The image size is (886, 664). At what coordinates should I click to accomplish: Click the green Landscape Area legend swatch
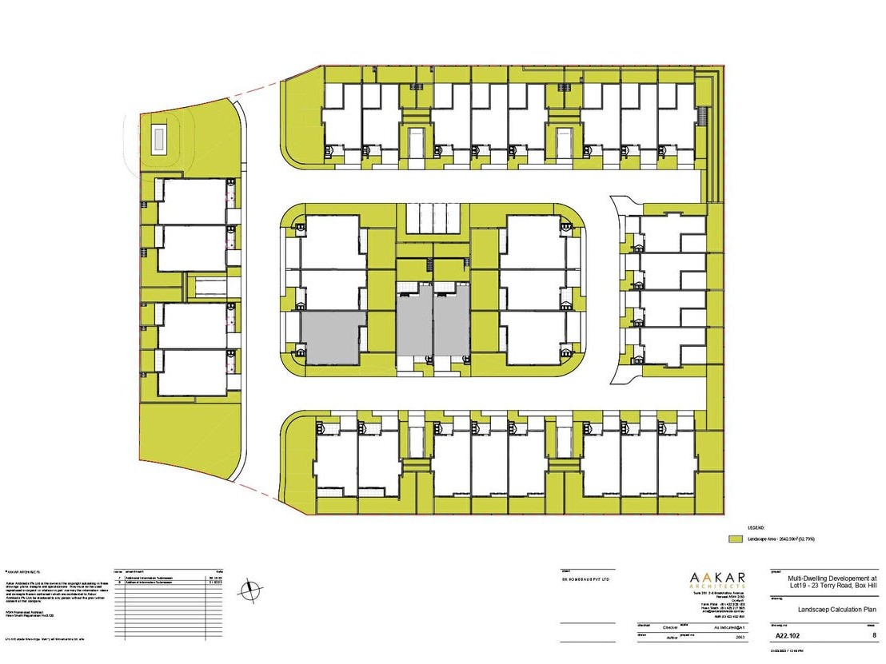pyautogui.click(x=736, y=539)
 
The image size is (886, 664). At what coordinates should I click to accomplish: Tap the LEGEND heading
pyautogui.click(x=756, y=528)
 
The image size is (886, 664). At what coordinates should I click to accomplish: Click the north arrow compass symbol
pyautogui.click(x=253, y=590)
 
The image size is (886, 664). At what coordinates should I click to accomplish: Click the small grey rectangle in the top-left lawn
pyautogui.click(x=158, y=140)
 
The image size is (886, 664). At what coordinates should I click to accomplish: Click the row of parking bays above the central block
pyautogui.click(x=434, y=218)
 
